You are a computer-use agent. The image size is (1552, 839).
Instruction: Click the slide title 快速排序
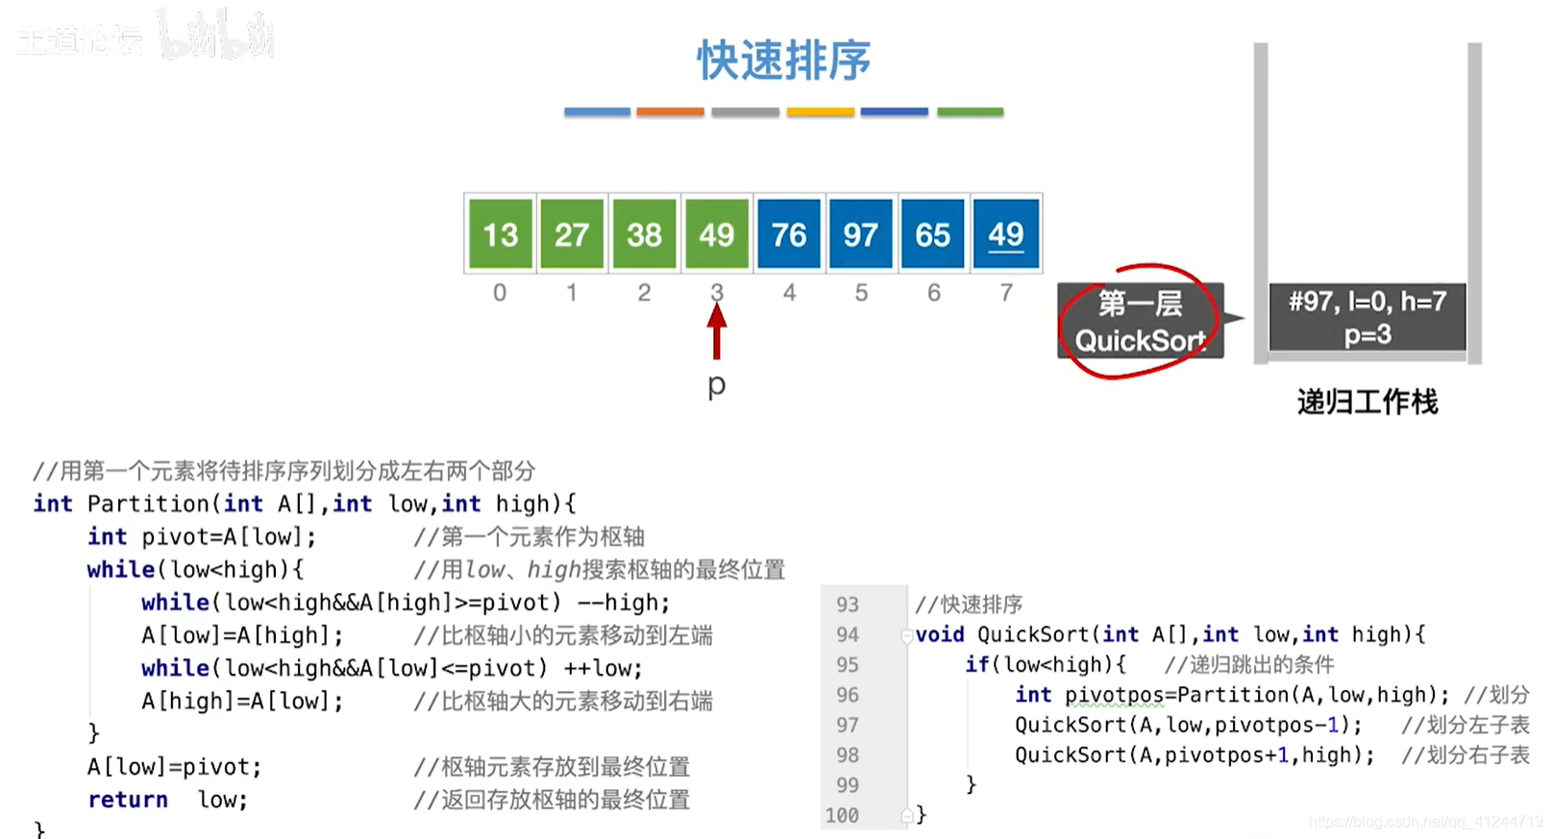(x=783, y=61)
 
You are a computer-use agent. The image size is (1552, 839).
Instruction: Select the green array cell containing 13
(x=500, y=234)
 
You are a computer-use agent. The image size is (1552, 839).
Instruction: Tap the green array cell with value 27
(x=572, y=234)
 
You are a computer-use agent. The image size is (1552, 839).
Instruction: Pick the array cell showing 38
(x=644, y=234)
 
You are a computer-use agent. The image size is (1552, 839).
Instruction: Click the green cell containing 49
(x=717, y=234)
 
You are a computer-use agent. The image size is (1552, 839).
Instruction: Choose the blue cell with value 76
(x=789, y=234)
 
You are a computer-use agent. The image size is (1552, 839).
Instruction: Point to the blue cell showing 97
(x=861, y=234)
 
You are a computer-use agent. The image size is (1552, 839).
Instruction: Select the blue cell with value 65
(x=932, y=234)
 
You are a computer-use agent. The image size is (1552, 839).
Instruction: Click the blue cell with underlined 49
(x=1006, y=234)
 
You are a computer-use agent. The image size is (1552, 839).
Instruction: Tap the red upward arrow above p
(x=717, y=332)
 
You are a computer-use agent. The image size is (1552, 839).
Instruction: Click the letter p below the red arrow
(x=717, y=385)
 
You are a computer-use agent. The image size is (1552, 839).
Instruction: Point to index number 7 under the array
(x=1006, y=292)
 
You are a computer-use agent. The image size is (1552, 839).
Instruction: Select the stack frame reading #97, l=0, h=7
(x=1367, y=317)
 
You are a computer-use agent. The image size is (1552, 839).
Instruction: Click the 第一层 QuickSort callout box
(x=1140, y=321)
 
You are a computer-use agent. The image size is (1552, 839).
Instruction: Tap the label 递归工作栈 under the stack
(x=1367, y=402)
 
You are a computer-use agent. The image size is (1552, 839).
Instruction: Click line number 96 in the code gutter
(x=847, y=695)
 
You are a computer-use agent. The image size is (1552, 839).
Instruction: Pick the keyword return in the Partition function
(x=128, y=800)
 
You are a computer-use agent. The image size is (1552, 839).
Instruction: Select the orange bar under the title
(x=671, y=112)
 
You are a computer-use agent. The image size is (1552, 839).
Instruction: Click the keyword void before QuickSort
(x=940, y=634)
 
